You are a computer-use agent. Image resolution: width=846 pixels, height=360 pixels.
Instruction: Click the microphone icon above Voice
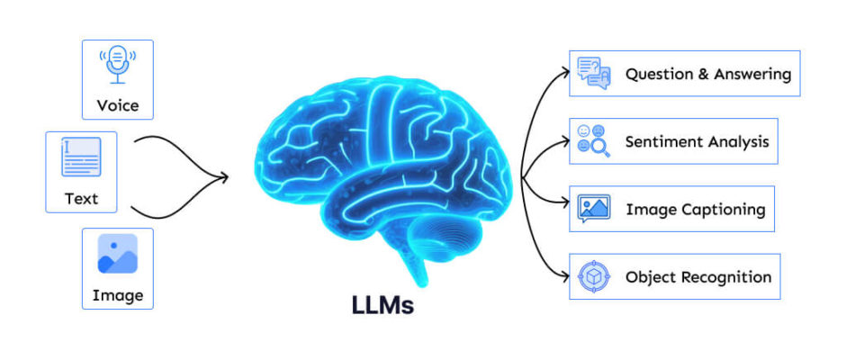click(x=118, y=64)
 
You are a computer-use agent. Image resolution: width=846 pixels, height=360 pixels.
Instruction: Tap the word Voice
click(x=118, y=104)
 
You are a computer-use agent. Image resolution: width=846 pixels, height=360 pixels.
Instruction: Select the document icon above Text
click(x=81, y=157)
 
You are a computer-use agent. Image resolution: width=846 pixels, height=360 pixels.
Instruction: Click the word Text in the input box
click(x=82, y=199)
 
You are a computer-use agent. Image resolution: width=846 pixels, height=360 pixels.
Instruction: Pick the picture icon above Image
click(x=118, y=253)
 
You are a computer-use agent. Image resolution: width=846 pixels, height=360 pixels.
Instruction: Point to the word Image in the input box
click(x=118, y=295)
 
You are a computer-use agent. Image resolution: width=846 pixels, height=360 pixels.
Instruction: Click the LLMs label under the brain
click(x=382, y=305)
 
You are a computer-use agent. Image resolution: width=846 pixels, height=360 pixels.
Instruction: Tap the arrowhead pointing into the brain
click(x=223, y=177)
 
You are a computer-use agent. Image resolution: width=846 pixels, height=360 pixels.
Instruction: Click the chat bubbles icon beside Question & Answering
click(x=593, y=73)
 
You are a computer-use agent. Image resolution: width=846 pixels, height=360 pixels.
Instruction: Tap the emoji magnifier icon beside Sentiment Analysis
click(x=593, y=141)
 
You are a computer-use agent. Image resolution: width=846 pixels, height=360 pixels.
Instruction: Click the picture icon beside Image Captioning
click(x=593, y=209)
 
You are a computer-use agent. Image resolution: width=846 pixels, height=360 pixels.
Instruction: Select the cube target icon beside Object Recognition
click(x=593, y=277)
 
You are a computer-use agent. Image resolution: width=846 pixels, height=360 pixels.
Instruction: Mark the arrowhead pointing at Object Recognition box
click(x=564, y=276)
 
